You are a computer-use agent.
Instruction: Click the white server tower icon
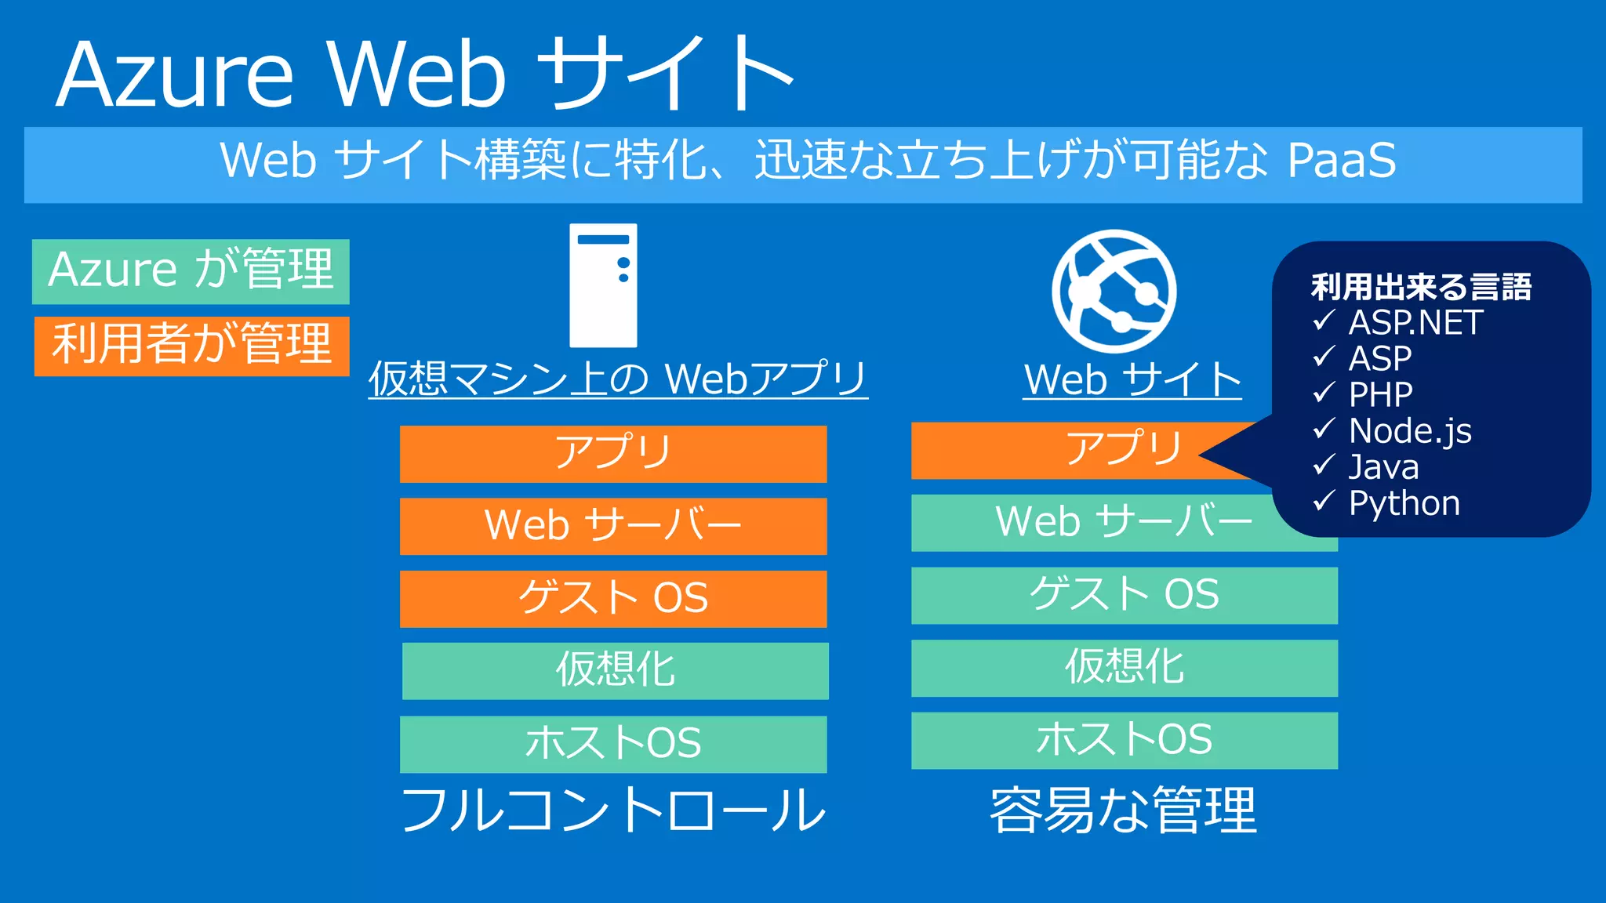[602, 285]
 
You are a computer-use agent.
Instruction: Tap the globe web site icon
[1114, 291]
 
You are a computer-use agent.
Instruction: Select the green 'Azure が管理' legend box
[191, 271]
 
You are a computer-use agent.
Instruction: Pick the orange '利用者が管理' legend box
[191, 346]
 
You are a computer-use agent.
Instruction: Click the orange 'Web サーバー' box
[612, 526]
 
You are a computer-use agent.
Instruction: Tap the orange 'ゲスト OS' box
[612, 599]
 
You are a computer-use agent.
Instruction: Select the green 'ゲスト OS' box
[1124, 596]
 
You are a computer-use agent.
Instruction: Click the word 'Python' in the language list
[1404, 503]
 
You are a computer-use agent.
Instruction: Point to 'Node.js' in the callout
[1409, 431]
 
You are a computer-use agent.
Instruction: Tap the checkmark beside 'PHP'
[1324, 393]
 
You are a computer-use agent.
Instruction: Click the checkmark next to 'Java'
[1324, 466]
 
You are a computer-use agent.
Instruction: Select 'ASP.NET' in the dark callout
[1415, 323]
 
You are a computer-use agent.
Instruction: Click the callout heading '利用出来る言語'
[1421, 287]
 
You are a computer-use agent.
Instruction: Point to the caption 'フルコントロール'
[613, 811]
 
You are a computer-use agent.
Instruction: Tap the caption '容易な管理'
[1123, 811]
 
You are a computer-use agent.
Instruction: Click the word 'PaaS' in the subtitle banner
[1341, 161]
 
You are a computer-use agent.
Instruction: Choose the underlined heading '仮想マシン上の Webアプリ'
[618, 379]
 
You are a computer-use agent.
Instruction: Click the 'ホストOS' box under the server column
[612, 744]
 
